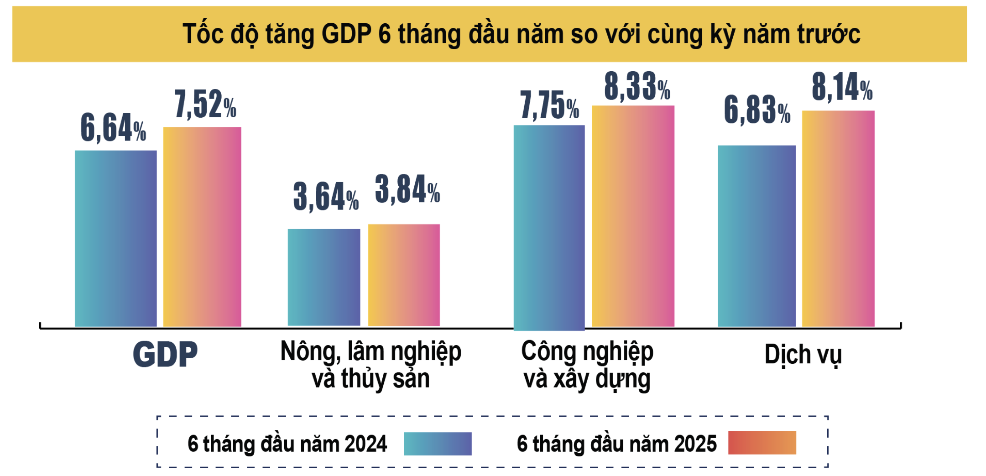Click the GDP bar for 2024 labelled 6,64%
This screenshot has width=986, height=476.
[x=116, y=238]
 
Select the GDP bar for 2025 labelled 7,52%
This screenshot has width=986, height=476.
[x=202, y=227]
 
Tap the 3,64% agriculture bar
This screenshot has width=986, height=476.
[x=324, y=277]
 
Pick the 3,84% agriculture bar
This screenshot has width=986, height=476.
[x=404, y=275]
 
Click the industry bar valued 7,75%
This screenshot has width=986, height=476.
[x=549, y=227]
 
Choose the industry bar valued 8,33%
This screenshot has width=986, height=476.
[x=633, y=216]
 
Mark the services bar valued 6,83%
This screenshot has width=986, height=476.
[x=756, y=236]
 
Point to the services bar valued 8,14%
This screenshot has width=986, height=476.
[x=838, y=218]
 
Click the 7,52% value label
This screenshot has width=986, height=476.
[x=205, y=105]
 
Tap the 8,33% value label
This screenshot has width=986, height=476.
[x=637, y=87]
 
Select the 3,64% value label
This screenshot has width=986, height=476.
[x=326, y=197]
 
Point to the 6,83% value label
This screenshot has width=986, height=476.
[x=757, y=110]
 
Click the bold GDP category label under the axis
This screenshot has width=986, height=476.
[x=165, y=354]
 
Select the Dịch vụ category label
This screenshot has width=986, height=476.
[x=803, y=355]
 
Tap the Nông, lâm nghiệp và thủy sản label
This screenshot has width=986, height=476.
[x=370, y=365]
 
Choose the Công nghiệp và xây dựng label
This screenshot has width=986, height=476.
[x=587, y=365]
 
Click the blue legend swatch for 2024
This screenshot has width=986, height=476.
[x=438, y=444]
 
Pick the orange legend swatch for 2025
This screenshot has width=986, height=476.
[x=762, y=443]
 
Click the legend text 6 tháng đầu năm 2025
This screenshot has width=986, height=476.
[x=616, y=444]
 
